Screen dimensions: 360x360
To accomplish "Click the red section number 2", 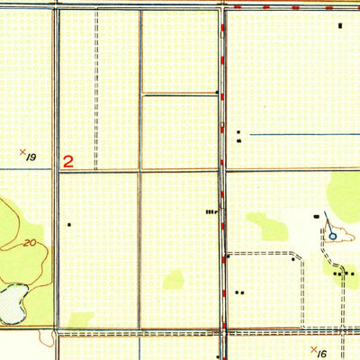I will pos(67,162).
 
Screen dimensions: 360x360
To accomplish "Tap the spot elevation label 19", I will pos(31,157).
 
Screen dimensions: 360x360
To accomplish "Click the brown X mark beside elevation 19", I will pos(22,152).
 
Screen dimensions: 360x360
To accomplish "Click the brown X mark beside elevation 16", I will pos(312,348).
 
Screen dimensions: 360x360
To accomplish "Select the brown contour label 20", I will pos(30,243).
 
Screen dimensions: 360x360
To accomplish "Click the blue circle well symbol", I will pos(332,236).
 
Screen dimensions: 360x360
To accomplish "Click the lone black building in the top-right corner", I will pos(340,25).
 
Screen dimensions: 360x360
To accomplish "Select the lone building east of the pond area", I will pos(68,223).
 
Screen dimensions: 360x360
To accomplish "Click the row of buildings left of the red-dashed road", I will pos(211,211).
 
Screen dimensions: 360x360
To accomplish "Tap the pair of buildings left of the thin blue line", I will pos(238,136).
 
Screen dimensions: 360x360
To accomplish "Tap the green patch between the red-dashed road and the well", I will pos(267,226).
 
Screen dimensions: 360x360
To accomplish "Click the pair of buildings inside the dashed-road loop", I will pos(238,292).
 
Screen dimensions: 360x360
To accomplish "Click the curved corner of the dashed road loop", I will pos(298,256).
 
